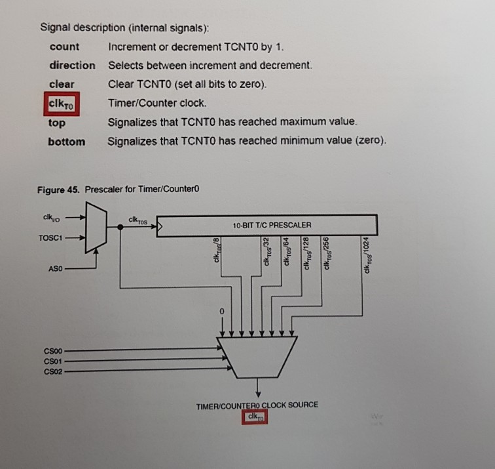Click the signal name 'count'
click(x=64, y=47)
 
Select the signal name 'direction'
click(x=71, y=66)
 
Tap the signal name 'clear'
click(x=62, y=85)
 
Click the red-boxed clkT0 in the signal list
click(x=62, y=104)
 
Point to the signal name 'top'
click(x=56, y=123)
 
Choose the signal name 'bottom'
click(x=66, y=142)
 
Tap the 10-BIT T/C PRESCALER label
click(x=272, y=225)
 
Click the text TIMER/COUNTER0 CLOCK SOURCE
click(x=257, y=405)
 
